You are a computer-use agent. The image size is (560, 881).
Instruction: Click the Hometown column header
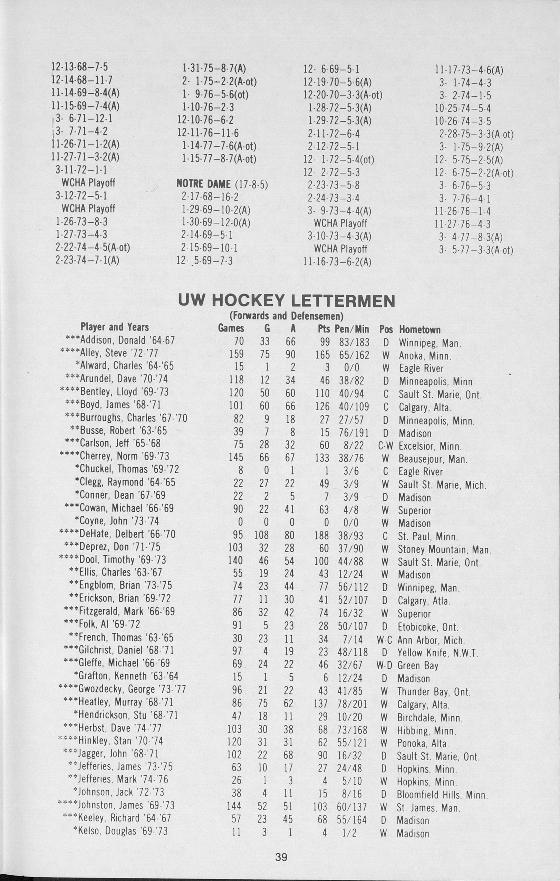coord(419,330)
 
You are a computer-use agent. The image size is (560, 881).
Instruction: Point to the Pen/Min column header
coord(352,329)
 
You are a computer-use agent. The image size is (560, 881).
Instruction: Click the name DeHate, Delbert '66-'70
coord(117,534)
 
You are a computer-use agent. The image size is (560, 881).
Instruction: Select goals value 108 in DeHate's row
coord(261,536)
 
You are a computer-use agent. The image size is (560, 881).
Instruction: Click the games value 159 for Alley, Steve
coord(236,355)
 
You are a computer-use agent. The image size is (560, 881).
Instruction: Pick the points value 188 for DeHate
coord(321,536)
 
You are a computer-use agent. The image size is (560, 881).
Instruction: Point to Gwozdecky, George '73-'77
coord(123,689)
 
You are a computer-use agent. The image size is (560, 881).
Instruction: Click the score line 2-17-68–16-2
coord(210,197)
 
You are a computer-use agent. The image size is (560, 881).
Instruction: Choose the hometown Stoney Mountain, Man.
coord(444,549)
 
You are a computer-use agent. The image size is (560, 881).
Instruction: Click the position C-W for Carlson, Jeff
coord(385,446)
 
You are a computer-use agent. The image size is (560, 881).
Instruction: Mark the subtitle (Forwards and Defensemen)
coord(286,315)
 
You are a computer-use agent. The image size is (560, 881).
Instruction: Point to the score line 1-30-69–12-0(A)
coord(215,223)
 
